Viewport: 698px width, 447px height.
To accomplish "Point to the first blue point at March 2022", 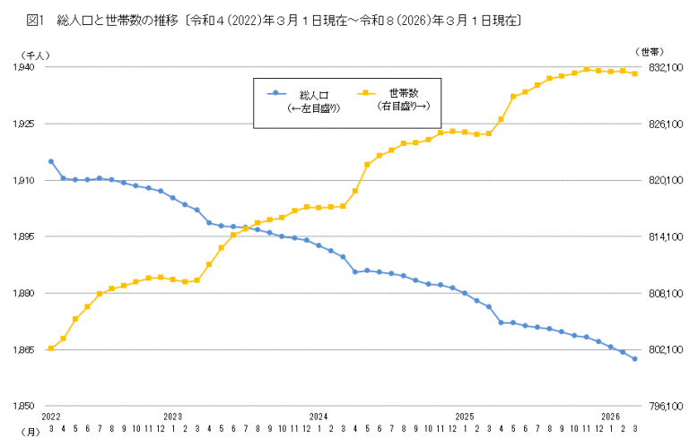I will (51, 161).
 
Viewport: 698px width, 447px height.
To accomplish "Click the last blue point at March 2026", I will (635, 359).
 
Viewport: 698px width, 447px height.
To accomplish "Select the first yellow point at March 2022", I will (51, 348).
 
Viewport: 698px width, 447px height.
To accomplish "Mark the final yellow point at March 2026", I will (635, 73).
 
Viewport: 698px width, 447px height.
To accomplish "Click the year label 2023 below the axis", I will (173, 417).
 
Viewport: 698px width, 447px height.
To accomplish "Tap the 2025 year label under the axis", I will (465, 417).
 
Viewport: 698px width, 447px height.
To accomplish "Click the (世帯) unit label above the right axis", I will (648, 52).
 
